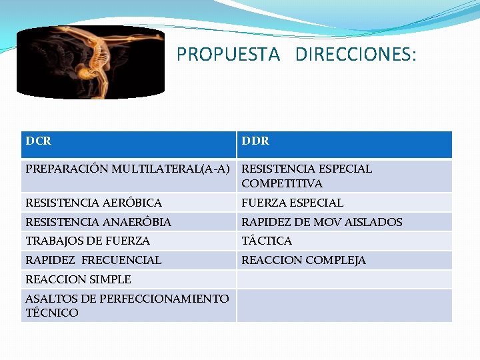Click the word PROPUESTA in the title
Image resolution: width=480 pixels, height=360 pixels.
tap(228, 55)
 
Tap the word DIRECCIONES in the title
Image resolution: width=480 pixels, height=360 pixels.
tap(355, 55)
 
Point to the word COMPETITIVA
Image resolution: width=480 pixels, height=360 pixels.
tap(282, 183)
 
